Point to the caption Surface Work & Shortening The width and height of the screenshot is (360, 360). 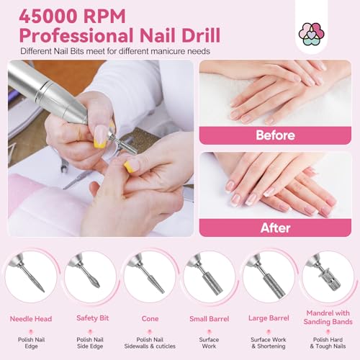(269, 343)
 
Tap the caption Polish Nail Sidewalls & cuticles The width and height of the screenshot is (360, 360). (150, 343)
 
